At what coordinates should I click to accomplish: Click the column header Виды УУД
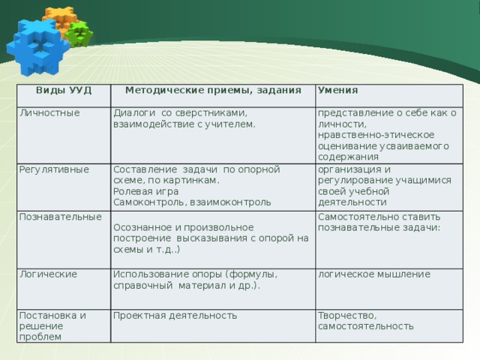(64, 90)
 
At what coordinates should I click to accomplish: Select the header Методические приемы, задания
(213, 91)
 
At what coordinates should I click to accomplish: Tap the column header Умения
(338, 90)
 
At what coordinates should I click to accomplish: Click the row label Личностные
(49, 113)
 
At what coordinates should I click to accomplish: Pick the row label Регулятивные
(54, 170)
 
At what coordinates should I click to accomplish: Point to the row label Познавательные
(60, 217)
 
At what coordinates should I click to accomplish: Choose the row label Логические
(48, 274)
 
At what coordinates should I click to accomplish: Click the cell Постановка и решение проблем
(52, 326)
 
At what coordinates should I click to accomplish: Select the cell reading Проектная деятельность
(175, 316)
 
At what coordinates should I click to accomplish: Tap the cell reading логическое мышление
(374, 274)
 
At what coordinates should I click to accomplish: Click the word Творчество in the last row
(347, 316)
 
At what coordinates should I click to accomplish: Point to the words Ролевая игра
(146, 192)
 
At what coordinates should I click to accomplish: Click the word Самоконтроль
(150, 202)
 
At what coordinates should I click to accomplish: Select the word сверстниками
(211, 113)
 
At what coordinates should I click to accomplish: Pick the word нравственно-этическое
(376, 135)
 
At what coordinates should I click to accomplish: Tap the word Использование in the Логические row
(151, 274)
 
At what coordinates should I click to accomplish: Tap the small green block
(79, 34)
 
